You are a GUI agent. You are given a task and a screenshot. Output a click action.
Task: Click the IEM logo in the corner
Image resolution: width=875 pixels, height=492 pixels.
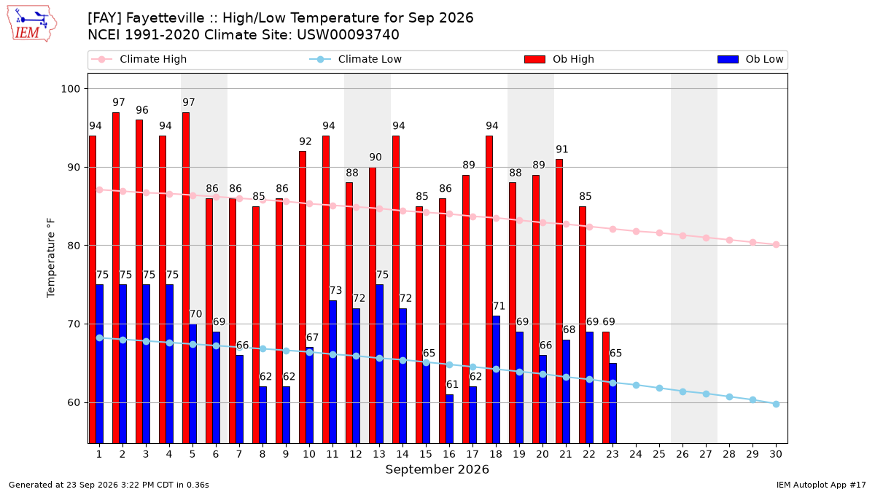click(32, 23)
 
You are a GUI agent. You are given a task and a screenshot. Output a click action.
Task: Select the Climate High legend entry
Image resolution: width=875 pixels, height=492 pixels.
click(139, 59)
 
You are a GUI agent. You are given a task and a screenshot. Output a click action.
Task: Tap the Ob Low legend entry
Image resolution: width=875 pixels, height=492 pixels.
click(750, 59)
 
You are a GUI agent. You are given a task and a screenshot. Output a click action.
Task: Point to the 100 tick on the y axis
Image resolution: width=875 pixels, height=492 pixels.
click(70, 89)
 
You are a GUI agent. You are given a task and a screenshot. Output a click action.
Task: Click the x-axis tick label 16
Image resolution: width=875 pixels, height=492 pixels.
click(449, 455)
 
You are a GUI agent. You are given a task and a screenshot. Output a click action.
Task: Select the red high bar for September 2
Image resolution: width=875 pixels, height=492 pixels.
click(116, 278)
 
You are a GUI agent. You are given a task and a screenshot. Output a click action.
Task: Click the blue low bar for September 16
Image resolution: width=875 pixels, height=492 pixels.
click(450, 419)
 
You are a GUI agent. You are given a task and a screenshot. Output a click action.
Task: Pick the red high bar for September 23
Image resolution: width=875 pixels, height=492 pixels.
click(606, 388)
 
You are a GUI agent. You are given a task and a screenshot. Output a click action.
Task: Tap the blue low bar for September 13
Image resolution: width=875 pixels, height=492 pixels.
click(380, 364)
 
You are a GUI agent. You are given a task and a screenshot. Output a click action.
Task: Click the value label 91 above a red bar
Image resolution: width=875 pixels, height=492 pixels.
click(561, 149)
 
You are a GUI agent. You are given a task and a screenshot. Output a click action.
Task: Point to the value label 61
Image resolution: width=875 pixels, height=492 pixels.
click(452, 385)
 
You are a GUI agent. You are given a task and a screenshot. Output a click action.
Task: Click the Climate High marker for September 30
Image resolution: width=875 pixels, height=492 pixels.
click(776, 245)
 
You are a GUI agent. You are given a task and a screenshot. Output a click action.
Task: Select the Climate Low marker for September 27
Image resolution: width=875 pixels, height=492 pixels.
click(706, 394)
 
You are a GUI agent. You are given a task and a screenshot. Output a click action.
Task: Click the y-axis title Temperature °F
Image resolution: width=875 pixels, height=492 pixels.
click(51, 258)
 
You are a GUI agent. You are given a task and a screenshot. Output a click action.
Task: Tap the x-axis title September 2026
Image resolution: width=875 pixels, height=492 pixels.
click(437, 469)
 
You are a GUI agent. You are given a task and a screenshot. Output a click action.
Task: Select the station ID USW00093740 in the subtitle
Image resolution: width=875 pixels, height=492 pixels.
click(348, 35)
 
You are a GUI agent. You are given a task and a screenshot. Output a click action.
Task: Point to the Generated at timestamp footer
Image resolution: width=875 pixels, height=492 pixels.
click(109, 485)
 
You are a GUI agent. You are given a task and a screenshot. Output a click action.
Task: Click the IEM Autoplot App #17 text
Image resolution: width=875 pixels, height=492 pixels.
click(821, 485)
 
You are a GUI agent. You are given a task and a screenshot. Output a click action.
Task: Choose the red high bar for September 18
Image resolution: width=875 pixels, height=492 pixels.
click(489, 290)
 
